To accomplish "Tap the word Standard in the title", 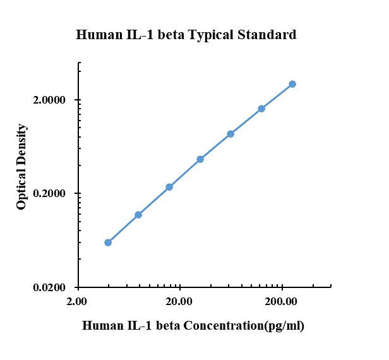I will pos(266,35).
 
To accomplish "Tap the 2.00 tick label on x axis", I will pos(78,302).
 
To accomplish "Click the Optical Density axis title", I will pos(22,167).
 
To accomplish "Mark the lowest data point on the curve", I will pos(108,243).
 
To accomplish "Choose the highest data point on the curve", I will pos(292,84).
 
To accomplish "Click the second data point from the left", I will pos(138,215).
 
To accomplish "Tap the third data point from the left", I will pos(169,187).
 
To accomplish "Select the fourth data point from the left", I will pos(200,159).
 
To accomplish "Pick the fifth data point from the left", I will pos(230,134).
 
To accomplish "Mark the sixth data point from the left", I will pos(261,109).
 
